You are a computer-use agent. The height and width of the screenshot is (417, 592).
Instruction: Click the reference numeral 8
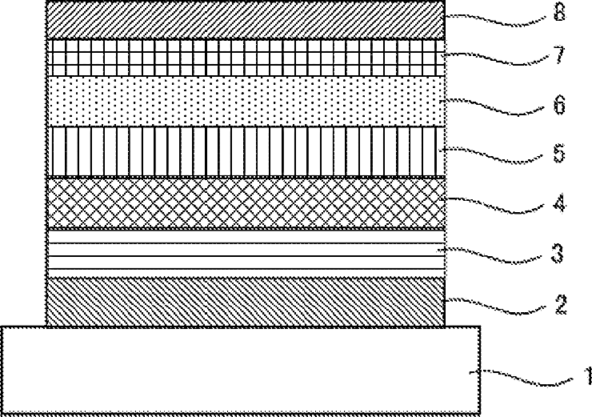click(559, 12)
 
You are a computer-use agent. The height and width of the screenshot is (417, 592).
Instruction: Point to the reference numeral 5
click(559, 153)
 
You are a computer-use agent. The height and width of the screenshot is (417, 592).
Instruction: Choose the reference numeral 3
click(558, 253)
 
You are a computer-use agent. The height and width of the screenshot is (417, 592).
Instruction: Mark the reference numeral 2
click(561, 305)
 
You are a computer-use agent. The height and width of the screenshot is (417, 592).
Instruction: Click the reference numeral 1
click(587, 375)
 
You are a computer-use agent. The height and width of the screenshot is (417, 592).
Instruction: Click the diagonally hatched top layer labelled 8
click(246, 20)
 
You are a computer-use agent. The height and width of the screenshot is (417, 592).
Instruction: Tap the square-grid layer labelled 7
click(246, 58)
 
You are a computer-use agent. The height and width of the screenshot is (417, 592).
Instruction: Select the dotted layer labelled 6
click(246, 101)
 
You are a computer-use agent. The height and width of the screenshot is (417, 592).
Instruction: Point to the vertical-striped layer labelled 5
click(246, 151)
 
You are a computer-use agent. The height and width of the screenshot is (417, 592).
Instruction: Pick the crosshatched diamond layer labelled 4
click(246, 202)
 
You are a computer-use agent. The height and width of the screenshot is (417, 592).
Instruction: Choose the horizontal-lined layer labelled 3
click(246, 253)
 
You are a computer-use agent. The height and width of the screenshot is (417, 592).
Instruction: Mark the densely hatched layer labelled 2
click(246, 302)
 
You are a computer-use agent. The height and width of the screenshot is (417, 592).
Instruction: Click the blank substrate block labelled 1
click(241, 370)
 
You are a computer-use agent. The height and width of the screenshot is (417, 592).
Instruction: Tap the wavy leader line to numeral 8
click(495, 20)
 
